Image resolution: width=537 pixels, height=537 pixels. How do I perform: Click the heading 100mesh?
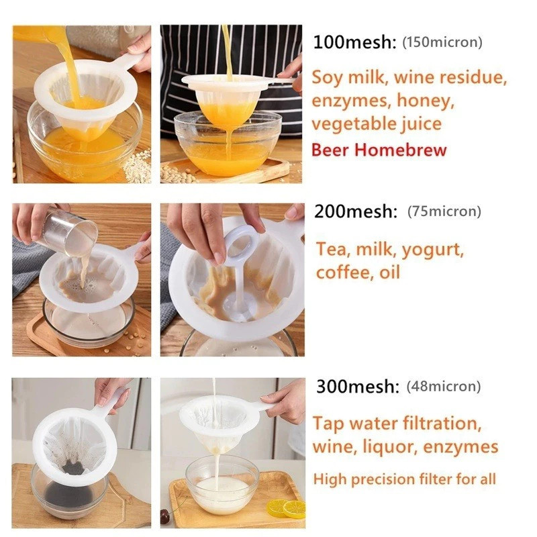pos(355,42)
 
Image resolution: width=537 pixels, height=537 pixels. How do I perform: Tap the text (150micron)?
pos(442,42)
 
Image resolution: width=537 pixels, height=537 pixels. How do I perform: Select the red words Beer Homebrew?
pos(379,150)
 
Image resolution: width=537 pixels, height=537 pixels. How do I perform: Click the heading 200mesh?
pos(356,211)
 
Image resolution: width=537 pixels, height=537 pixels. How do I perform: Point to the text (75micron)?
pos(444,211)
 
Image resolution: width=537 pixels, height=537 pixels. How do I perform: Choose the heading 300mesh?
pos(358,387)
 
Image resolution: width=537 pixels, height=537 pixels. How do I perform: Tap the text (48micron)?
pos(444,387)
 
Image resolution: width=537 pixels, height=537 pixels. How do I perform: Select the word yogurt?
pos(432,250)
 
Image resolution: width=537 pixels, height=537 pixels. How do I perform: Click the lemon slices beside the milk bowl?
pos(286,509)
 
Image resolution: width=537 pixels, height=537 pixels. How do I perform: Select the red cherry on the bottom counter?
pos(165,516)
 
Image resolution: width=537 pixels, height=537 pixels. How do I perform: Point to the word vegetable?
pos(354,124)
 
